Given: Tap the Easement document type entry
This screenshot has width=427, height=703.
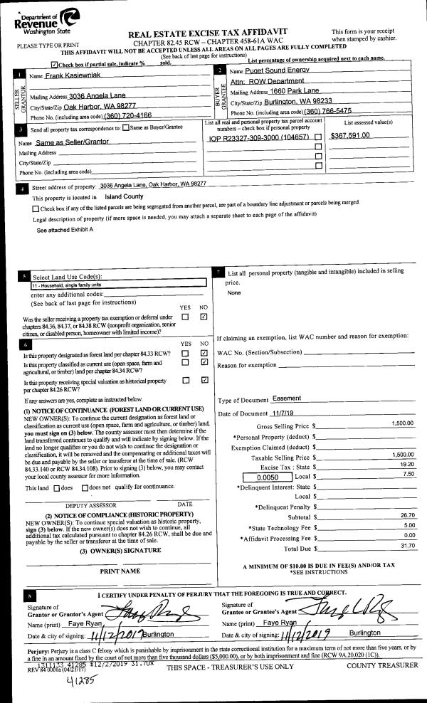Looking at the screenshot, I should pyautogui.click(x=287, y=398).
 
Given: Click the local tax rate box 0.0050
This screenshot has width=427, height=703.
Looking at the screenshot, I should pyautogui.click(x=266, y=477).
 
